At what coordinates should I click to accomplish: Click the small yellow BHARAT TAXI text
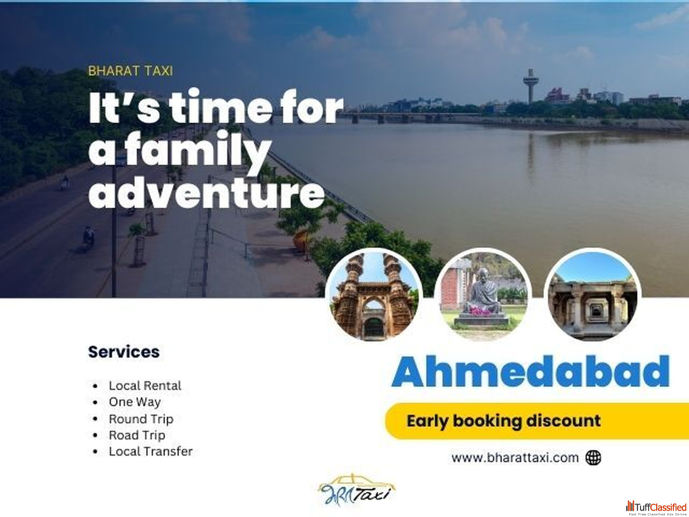coord(131,71)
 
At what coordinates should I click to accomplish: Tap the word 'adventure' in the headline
coord(207,192)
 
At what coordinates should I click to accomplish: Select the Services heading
coord(124,352)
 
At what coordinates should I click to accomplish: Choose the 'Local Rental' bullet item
coord(145,386)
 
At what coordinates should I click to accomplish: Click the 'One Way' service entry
coord(135,402)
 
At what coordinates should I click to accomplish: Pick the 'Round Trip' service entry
coord(141,419)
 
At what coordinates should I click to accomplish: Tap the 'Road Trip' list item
coord(137,435)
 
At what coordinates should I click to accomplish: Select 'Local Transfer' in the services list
coord(151,452)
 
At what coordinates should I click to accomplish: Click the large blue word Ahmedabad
coord(531,372)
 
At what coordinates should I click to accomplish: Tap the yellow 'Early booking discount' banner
coord(537,421)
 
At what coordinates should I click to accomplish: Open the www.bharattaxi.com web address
coord(515,458)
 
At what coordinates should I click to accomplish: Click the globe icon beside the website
coord(593,458)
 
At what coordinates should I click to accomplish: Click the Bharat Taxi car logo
coord(356,490)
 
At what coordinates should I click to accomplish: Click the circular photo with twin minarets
coord(374,296)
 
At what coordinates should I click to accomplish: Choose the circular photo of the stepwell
coord(592,295)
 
